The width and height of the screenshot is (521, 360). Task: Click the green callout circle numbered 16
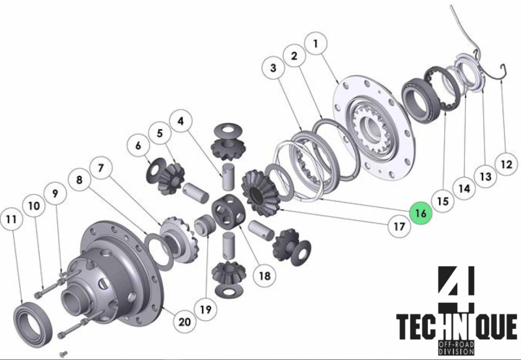coord(421,213)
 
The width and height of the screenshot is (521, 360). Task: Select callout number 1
coord(315,44)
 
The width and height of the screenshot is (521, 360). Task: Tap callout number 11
coord(11,219)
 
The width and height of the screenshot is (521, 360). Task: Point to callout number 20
coord(185,322)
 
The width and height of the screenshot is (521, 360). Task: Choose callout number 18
coord(264,275)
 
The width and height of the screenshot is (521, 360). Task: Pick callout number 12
coord(507,164)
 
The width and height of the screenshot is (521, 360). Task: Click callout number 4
coord(180,121)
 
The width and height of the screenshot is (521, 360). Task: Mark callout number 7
coord(101,168)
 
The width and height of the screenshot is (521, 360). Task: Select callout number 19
coord(206,309)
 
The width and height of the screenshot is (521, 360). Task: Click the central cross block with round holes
coord(229,212)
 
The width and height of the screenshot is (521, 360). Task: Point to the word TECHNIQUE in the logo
coord(457,327)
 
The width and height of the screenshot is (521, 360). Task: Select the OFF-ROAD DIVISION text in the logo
coord(457,348)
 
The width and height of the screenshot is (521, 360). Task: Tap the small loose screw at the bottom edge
coord(63,354)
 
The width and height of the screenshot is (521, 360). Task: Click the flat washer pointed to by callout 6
coord(156,170)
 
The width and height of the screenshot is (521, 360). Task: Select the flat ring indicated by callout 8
coord(159,251)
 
